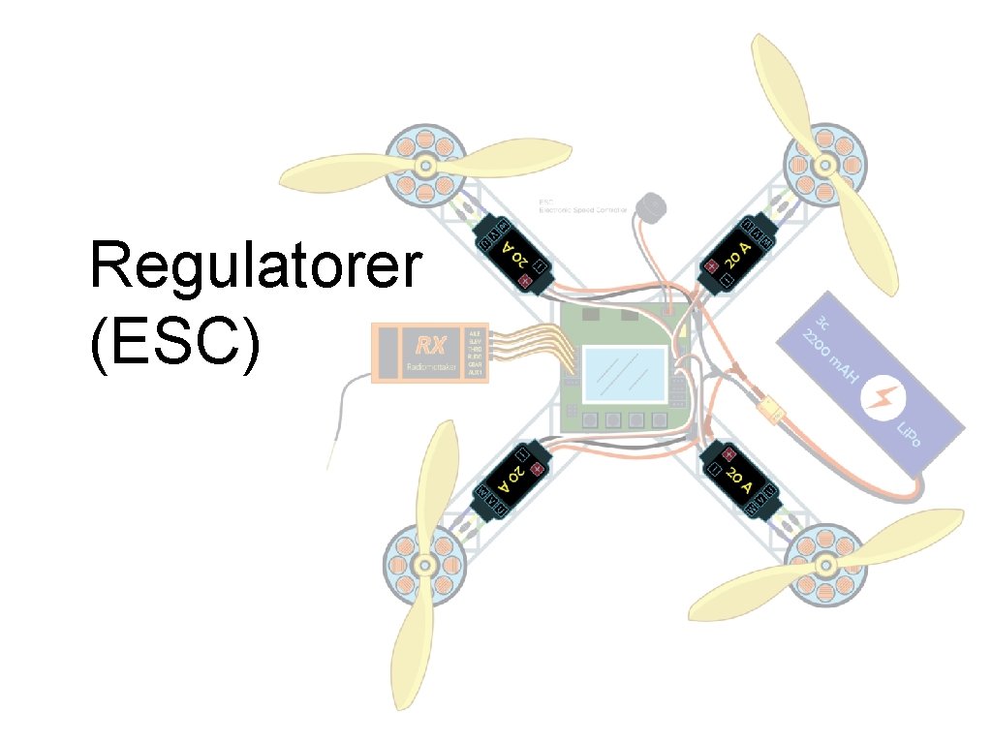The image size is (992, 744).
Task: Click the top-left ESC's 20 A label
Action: pyautogui.click(x=515, y=256)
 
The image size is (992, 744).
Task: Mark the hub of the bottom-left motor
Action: pyautogui.click(x=422, y=563)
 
